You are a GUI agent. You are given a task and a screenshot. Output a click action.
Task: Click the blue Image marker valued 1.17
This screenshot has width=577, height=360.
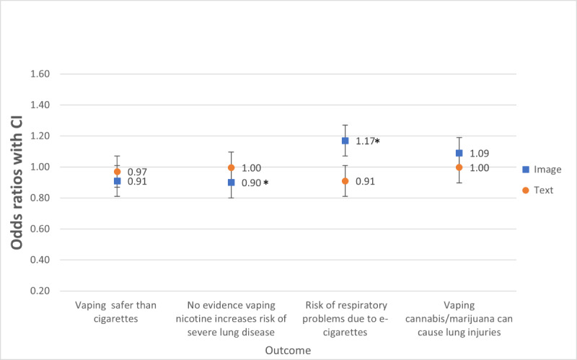345,141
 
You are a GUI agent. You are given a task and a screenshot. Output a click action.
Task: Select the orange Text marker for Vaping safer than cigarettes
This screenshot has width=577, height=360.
117,172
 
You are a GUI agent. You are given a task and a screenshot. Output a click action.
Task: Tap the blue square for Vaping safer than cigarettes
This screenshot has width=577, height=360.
117,181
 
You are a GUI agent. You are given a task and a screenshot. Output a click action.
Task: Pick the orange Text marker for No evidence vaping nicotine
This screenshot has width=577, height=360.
231,167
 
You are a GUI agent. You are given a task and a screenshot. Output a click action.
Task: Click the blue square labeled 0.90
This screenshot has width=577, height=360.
231,183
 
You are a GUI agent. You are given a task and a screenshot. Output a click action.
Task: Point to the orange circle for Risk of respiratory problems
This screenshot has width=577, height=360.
345,181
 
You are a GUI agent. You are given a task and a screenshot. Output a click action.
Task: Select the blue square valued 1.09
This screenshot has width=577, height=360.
459,153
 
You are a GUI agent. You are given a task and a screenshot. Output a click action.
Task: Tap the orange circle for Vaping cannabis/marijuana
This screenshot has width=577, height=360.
459,167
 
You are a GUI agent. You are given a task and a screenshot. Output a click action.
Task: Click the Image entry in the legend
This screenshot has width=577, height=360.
543,170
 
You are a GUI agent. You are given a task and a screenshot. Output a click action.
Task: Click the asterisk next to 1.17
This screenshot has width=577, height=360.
377,141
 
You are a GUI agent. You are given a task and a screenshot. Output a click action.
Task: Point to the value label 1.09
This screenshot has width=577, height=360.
479,154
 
